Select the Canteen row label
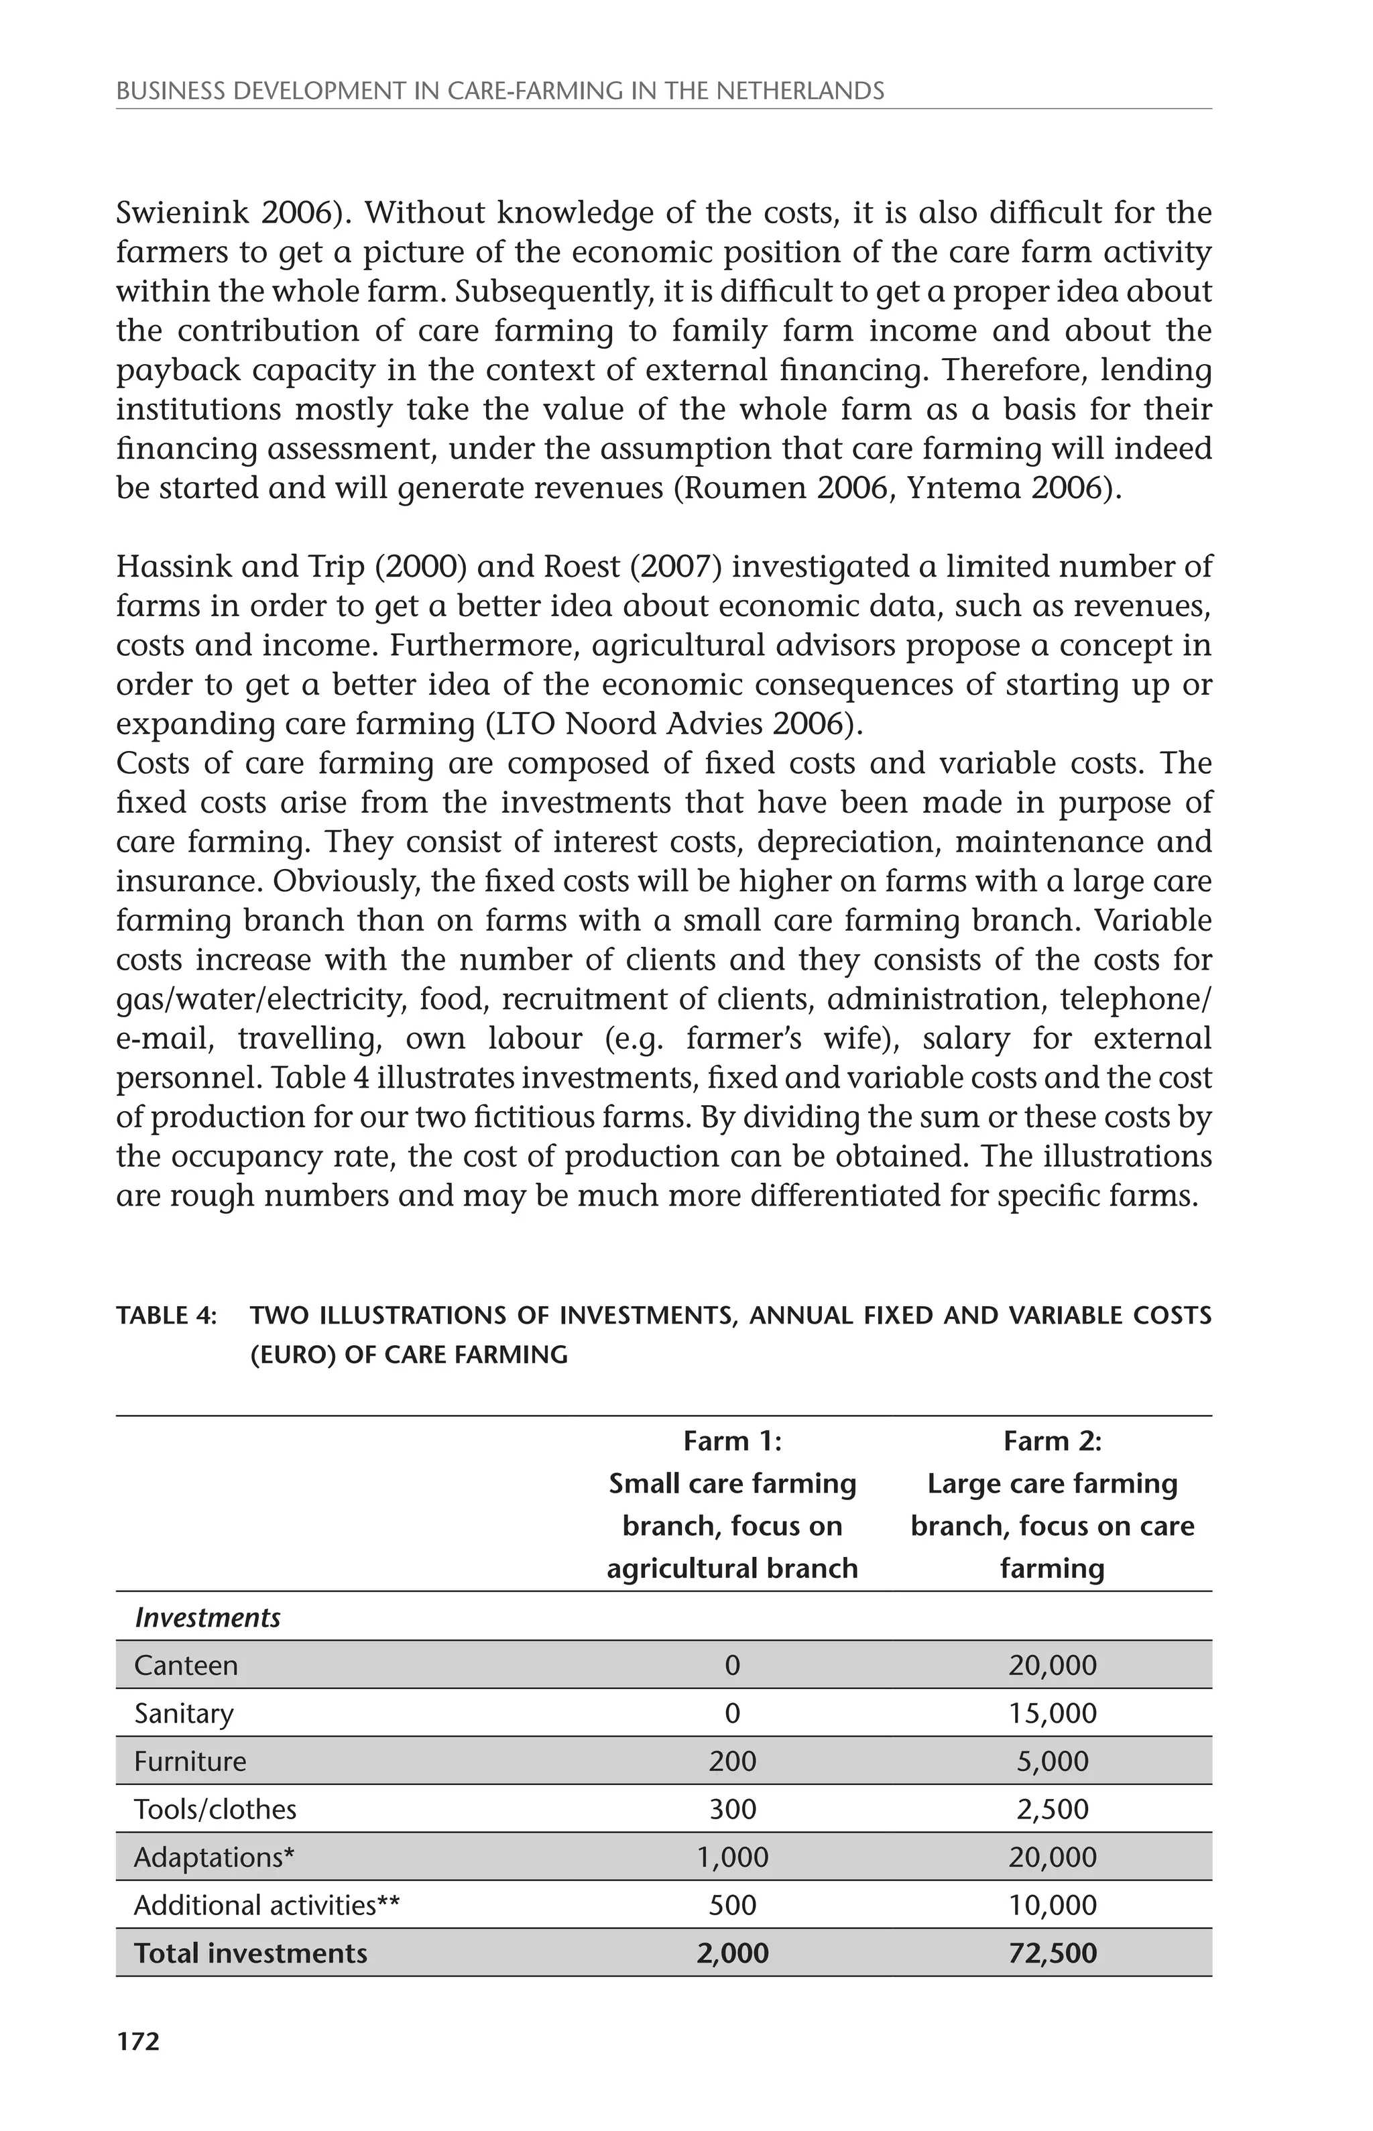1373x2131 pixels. (186, 1666)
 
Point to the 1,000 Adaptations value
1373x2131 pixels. (732, 1857)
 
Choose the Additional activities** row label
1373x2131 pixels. (267, 1906)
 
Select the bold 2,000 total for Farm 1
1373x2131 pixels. (732, 1953)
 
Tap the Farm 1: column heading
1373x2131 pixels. (732, 1441)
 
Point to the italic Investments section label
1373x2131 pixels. (207, 1618)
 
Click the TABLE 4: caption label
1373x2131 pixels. (167, 1316)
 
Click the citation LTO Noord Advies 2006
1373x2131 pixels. (672, 724)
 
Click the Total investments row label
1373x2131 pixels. (251, 1953)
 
